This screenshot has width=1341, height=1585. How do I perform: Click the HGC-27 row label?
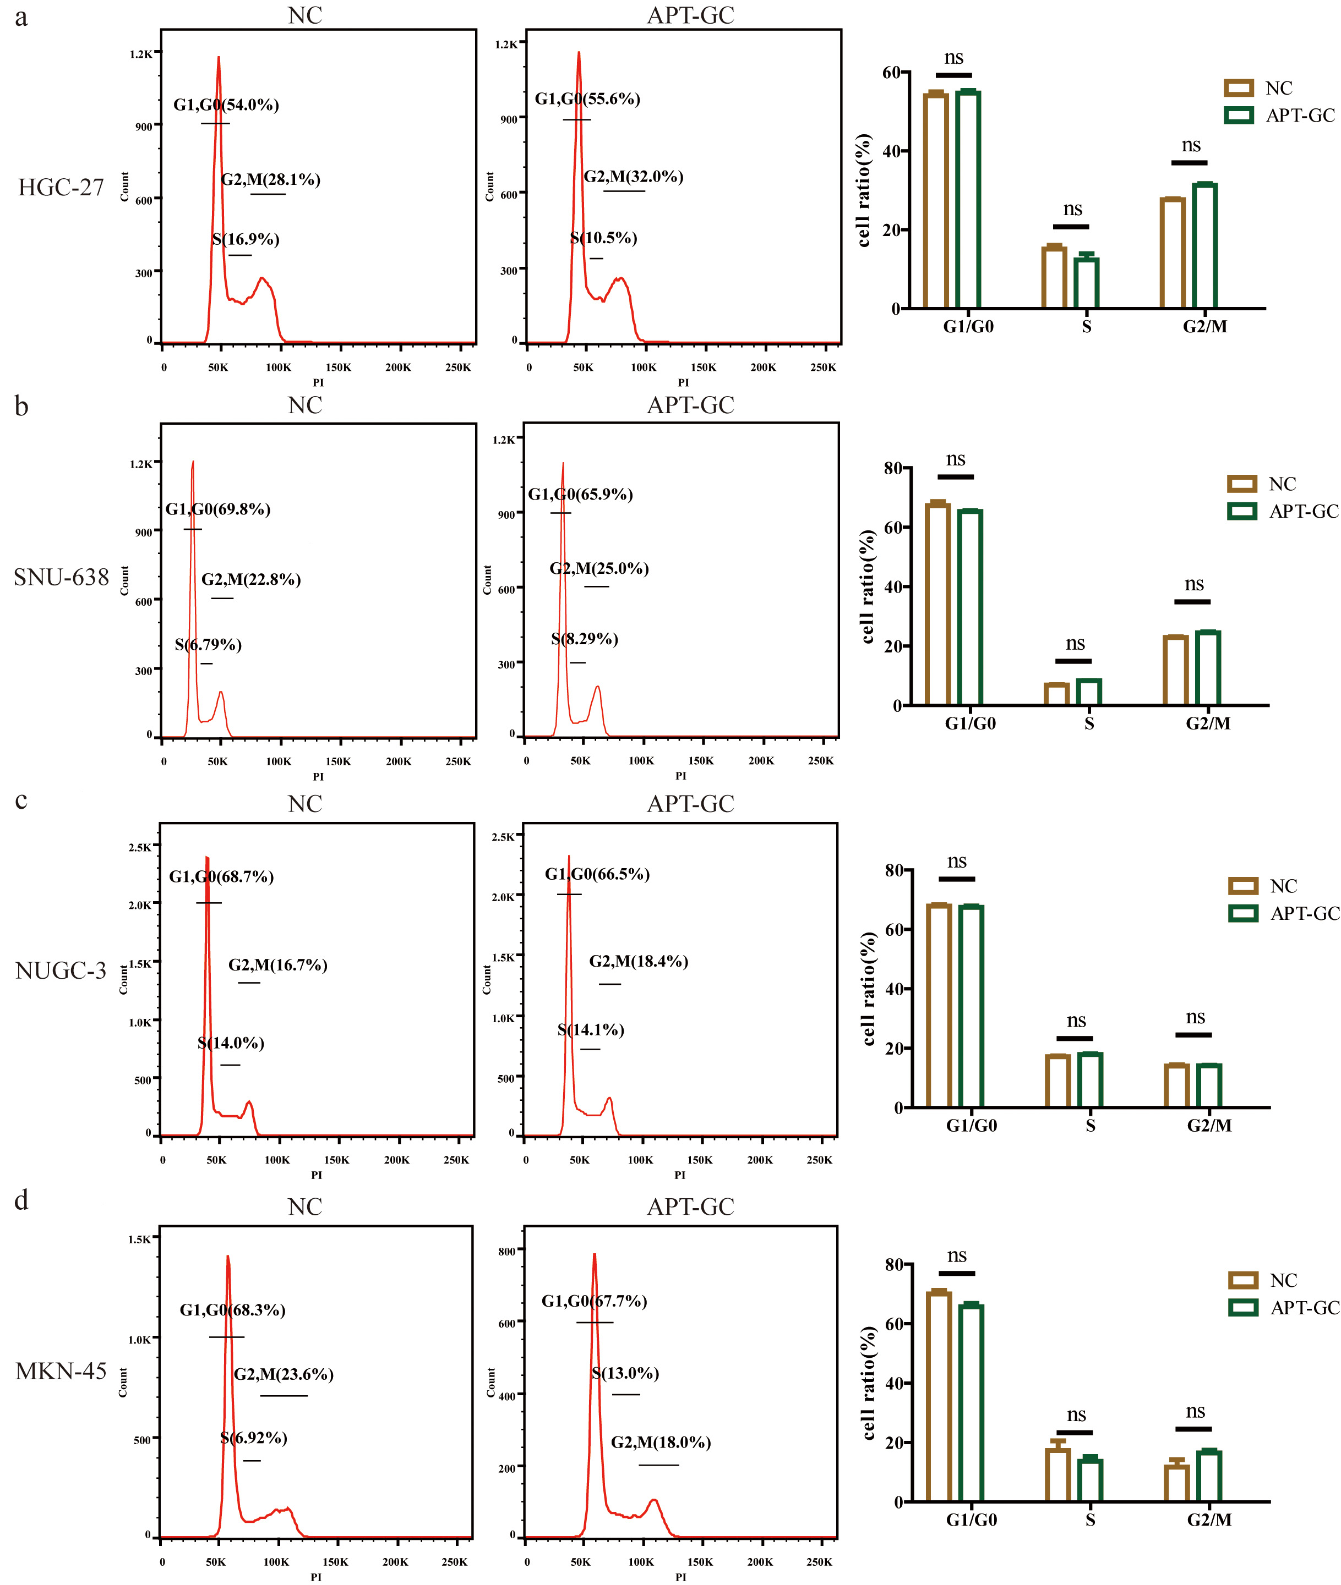[61, 188]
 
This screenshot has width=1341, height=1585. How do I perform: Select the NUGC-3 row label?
[61, 971]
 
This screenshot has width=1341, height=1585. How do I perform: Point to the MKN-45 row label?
[61, 1371]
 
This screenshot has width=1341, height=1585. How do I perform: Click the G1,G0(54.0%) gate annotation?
[226, 105]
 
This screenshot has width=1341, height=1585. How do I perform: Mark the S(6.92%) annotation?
[253, 1438]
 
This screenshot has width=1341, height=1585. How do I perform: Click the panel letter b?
[21, 407]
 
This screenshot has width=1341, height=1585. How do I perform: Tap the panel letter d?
[21, 1200]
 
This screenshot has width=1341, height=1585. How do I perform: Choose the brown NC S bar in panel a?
[1054, 277]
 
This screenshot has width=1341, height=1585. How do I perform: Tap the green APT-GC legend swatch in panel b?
[1241, 511]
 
